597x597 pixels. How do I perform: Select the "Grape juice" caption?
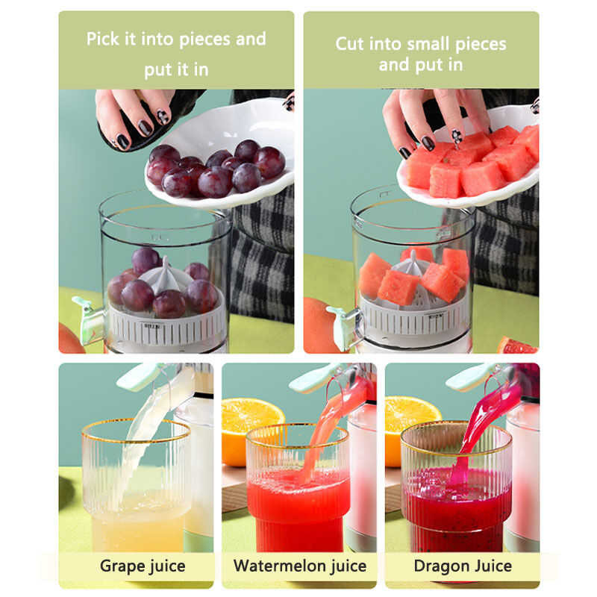(143, 566)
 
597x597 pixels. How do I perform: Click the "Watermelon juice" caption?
(300, 566)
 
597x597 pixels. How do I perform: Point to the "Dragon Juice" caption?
(463, 566)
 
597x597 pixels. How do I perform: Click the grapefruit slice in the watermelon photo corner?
(518, 346)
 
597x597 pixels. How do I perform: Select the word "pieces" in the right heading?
(481, 45)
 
